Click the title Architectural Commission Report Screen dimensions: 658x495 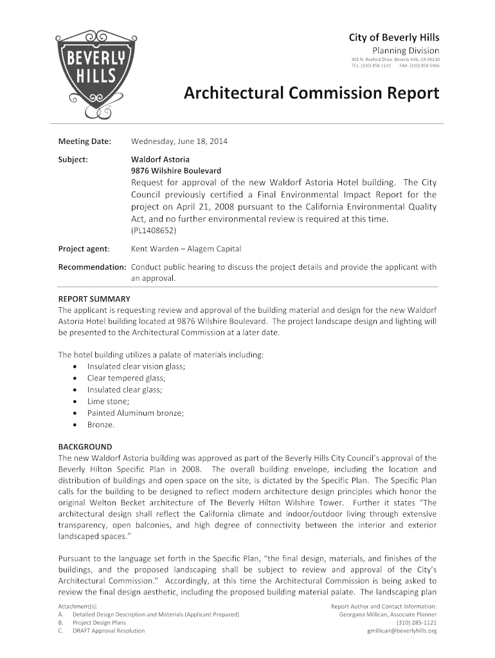pyautogui.click(x=312, y=94)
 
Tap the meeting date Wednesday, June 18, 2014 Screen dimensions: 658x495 pyautogui.click(x=179, y=141)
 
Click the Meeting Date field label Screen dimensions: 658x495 pyautogui.click(x=85, y=141)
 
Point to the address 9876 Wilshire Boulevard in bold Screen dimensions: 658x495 pyautogui.click(x=176, y=171)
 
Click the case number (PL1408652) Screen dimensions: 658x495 pyautogui.click(x=154, y=230)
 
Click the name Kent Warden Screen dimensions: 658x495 pyautogui.click(x=154, y=249)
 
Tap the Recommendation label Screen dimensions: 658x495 pyautogui.click(x=92, y=267)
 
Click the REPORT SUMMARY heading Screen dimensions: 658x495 pyautogui.click(x=94, y=299)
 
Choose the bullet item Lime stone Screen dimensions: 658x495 pyautogui.click(x=108, y=401)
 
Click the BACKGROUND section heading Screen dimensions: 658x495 pyautogui.click(x=85, y=447)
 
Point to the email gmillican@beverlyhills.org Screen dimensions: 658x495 pyautogui.click(x=401, y=630)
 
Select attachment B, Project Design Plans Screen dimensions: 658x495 pyautogui.click(x=99, y=623)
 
